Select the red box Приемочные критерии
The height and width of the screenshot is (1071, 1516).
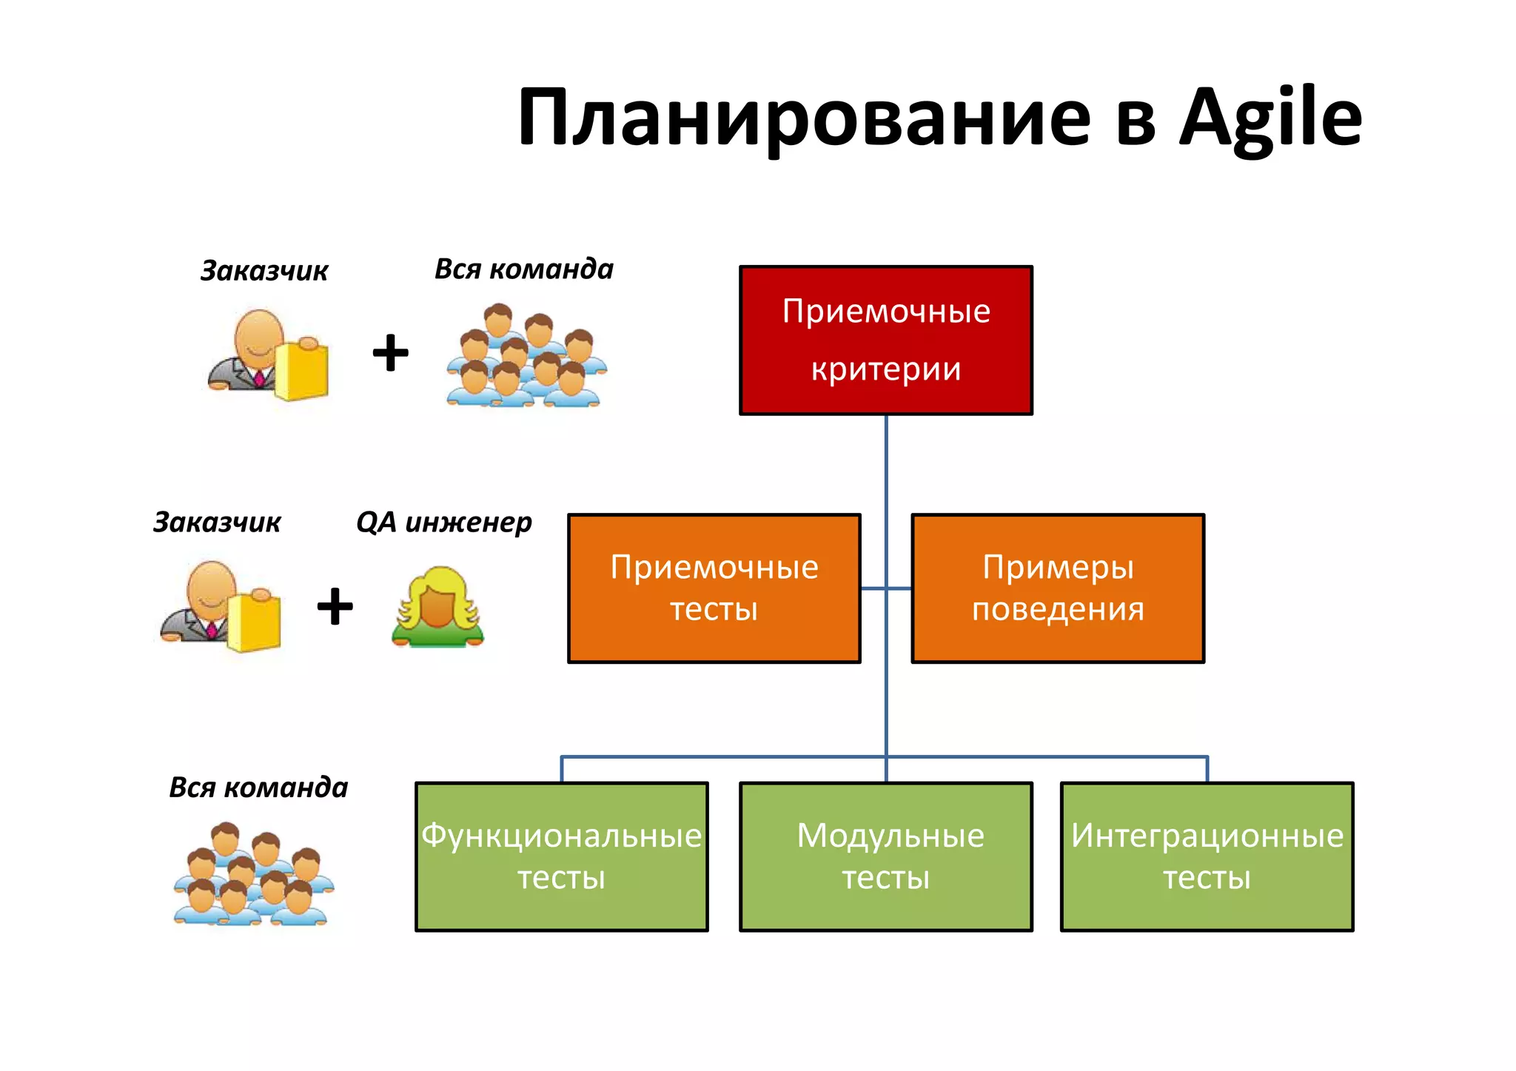click(885, 340)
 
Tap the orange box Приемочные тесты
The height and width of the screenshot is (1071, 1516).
click(714, 588)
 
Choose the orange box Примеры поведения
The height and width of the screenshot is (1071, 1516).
click(1058, 588)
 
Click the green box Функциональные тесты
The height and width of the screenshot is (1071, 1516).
click(561, 856)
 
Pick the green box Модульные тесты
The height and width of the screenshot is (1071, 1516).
click(885, 856)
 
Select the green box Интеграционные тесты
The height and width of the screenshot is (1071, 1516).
click(1207, 856)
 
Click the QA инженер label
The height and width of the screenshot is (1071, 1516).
click(443, 523)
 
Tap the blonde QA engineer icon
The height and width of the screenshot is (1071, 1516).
click(437, 607)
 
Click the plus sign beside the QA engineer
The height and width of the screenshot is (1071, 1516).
click(335, 606)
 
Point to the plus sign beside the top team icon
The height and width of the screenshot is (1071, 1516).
click(390, 352)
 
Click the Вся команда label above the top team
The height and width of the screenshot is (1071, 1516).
click(523, 269)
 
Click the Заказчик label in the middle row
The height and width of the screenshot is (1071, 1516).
click(216, 523)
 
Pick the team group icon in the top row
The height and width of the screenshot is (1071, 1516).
click(526, 355)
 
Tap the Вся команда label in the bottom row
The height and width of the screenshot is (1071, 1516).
click(258, 788)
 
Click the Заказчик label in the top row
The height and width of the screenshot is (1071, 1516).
click(264, 271)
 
